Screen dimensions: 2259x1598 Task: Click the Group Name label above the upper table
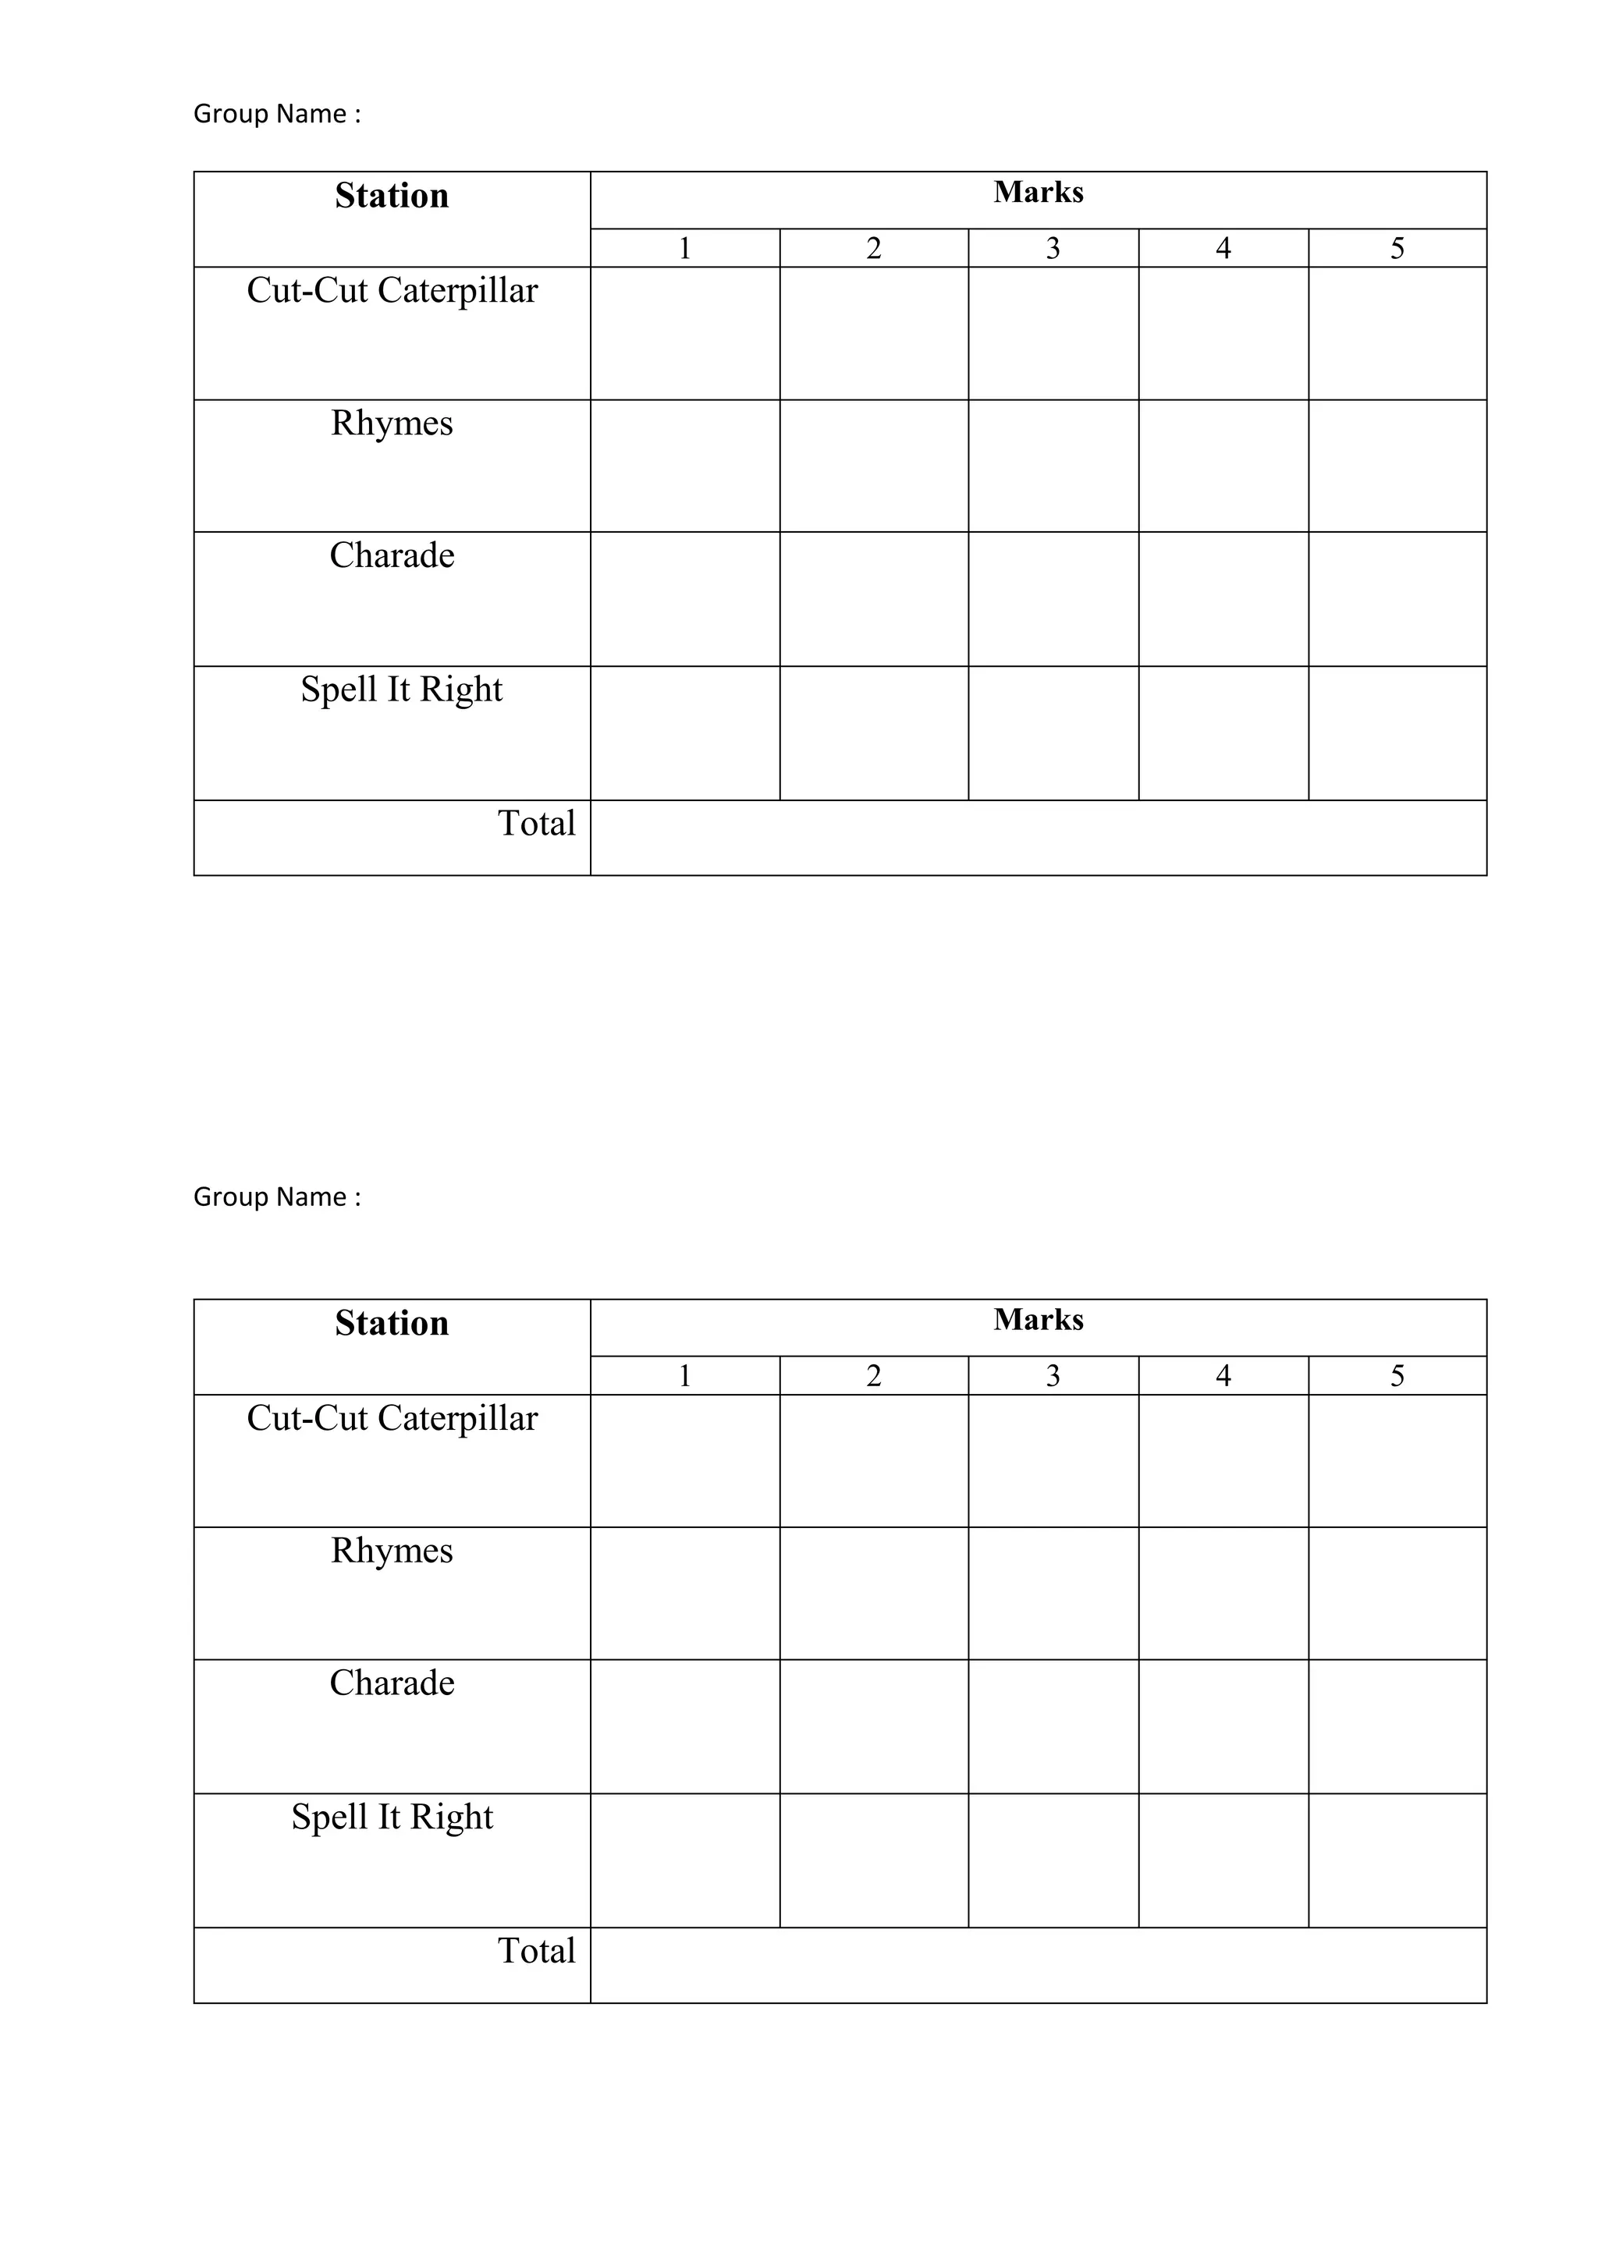(x=276, y=114)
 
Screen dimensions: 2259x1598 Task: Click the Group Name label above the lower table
(x=276, y=1197)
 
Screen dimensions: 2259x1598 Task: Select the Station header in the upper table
(x=392, y=196)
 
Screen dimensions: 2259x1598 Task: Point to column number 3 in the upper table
(x=1053, y=248)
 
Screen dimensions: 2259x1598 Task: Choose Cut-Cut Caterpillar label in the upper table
(x=392, y=290)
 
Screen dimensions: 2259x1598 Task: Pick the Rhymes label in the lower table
(x=392, y=1551)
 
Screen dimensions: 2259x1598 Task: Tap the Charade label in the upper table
(x=392, y=556)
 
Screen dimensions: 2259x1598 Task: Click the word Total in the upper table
(x=536, y=824)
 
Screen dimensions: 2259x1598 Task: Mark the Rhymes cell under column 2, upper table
(x=874, y=466)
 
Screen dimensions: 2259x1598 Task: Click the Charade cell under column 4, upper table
(x=1223, y=599)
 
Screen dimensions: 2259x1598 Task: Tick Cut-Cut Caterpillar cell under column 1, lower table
(x=685, y=1461)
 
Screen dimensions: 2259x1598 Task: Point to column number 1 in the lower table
(x=685, y=1375)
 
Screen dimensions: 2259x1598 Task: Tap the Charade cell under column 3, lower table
(x=1053, y=1727)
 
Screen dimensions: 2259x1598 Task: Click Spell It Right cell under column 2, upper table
(x=874, y=733)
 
